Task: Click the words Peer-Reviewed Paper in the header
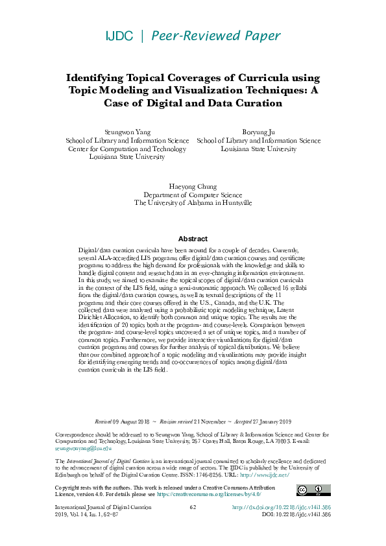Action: (x=217, y=36)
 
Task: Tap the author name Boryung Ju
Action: (x=258, y=132)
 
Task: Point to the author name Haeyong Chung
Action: (x=193, y=186)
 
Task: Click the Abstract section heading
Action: (x=193, y=239)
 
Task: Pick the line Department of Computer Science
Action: (x=193, y=195)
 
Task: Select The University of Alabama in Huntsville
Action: (x=193, y=203)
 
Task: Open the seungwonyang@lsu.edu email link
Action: (x=75, y=447)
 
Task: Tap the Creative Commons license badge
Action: (x=309, y=490)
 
